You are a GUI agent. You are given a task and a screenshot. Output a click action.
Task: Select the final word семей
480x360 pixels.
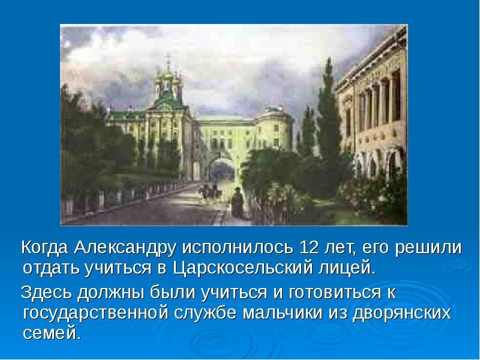click(x=51, y=333)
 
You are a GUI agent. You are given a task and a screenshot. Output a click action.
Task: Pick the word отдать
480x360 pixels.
click(x=47, y=266)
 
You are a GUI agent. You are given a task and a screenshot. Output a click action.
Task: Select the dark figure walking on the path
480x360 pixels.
click(x=238, y=204)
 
